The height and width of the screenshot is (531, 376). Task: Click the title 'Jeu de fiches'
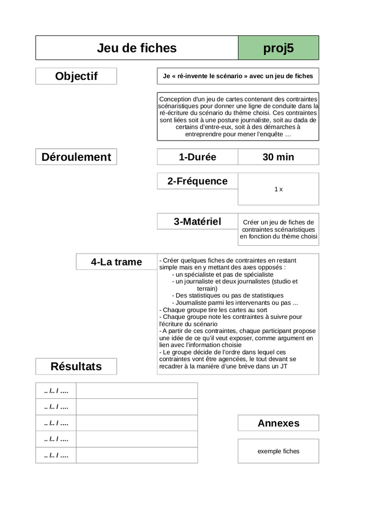(x=137, y=48)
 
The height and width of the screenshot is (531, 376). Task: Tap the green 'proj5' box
(x=278, y=48)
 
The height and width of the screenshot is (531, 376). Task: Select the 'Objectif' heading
(x=76, y=76)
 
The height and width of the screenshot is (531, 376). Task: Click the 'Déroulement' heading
(x=76, y=157)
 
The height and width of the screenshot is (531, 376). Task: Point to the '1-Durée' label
(x=197, y=157)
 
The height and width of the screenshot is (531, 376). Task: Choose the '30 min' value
(x=278, y=157)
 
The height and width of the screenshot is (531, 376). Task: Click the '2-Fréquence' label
(x=197, y=181)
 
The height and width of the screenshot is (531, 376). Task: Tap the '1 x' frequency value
(x=278, y=189)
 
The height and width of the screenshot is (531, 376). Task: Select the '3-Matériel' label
(x=197, y=221)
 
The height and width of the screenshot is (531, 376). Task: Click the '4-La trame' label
(x=116, y=262)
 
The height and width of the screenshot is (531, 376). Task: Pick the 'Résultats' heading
(x=76, y=367)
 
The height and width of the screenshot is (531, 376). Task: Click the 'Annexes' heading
(x=278, y=423)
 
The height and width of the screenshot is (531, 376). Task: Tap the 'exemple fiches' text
(x=278, y=451)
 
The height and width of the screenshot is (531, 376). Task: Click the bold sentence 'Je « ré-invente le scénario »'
(x=238, y=76)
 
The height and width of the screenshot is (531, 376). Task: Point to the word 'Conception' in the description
(x=175, y=99)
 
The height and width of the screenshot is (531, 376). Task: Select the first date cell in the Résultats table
(x=56, y=390)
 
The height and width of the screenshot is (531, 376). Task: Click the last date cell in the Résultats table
(x=56, y=455)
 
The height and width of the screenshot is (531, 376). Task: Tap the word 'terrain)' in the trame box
(x=207, y=288)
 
